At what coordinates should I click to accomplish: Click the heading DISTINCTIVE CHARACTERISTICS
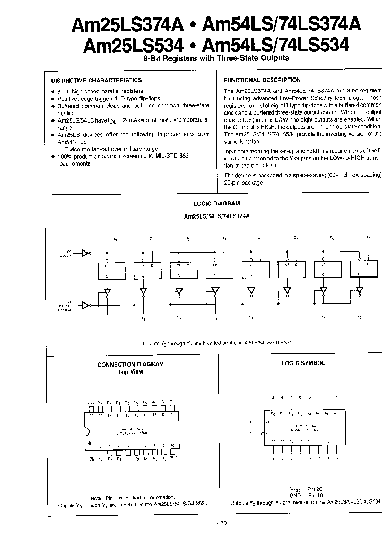[96, 80]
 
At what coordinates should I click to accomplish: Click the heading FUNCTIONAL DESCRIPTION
[262, 80]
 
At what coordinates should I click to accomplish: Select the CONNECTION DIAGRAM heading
[131, 365]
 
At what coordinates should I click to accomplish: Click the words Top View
[131, 372]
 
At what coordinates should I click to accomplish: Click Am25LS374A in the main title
[134, 24]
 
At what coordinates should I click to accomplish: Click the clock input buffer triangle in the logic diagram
[85, 253]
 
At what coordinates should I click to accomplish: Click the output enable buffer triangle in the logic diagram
[85, 305]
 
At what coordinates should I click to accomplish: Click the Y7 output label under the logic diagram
[360, 317]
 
